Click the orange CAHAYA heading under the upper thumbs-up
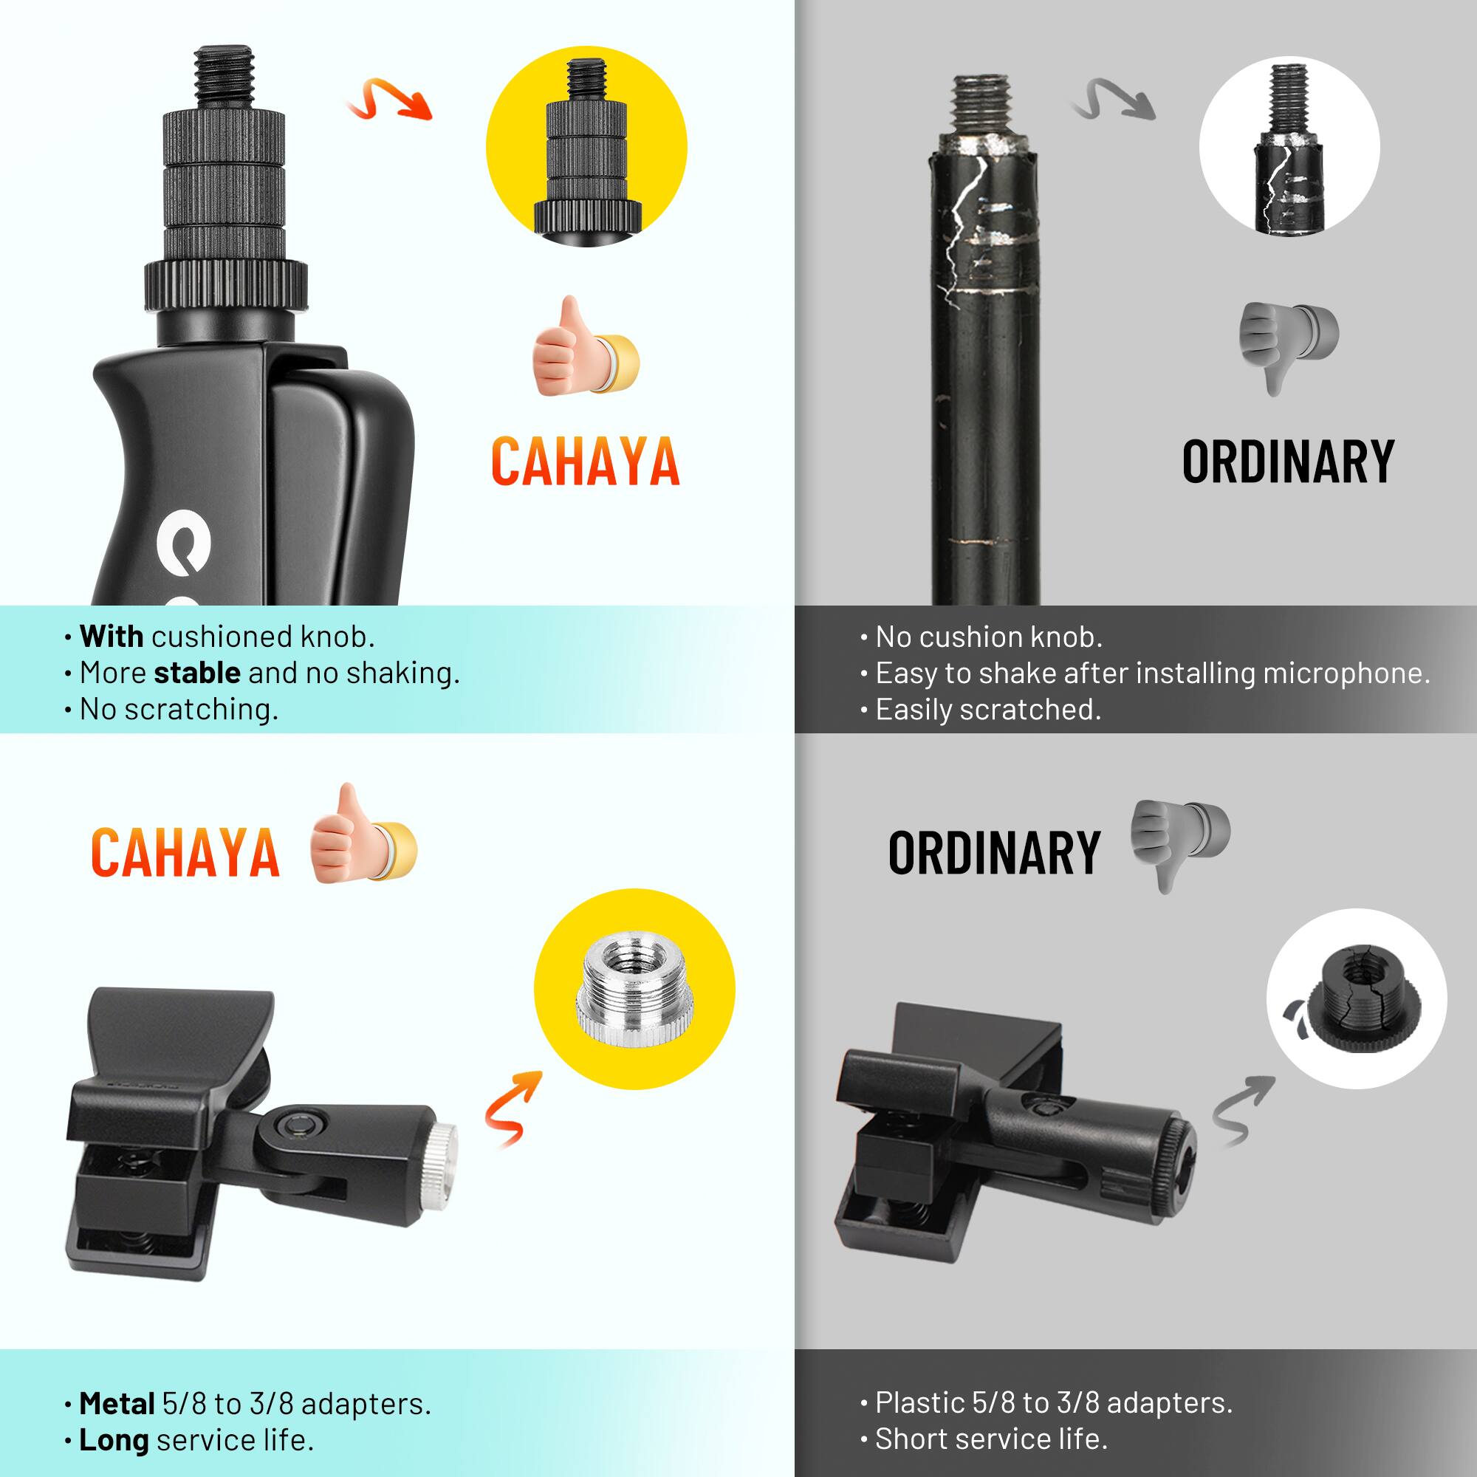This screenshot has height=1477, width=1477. point(585,462)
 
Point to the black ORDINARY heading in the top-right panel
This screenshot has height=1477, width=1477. point(1287,462)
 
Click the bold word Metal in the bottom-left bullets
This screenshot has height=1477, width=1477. point(117,1404)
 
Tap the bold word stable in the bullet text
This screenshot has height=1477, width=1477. point(196,673)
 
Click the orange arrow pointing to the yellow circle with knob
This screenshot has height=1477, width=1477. point(390,100)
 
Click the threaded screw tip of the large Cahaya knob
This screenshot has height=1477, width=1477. point(224,77)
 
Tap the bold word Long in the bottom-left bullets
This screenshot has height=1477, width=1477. point(114,1440)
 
